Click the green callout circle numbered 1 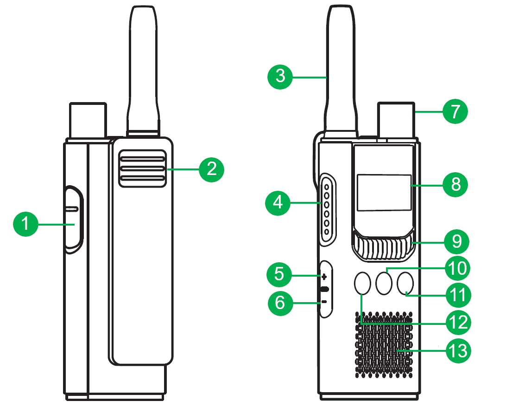[25, 224]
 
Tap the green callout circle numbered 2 [211, 170]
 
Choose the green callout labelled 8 [455, 185]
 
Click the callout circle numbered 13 [457, 350]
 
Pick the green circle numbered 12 [457, 322]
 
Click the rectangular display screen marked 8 [384, 193]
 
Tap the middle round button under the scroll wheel [384, 283]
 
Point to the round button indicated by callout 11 [405, 283]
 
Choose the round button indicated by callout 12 [363, 283]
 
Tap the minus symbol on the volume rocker [324, 302]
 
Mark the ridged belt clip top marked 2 [143, 169]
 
